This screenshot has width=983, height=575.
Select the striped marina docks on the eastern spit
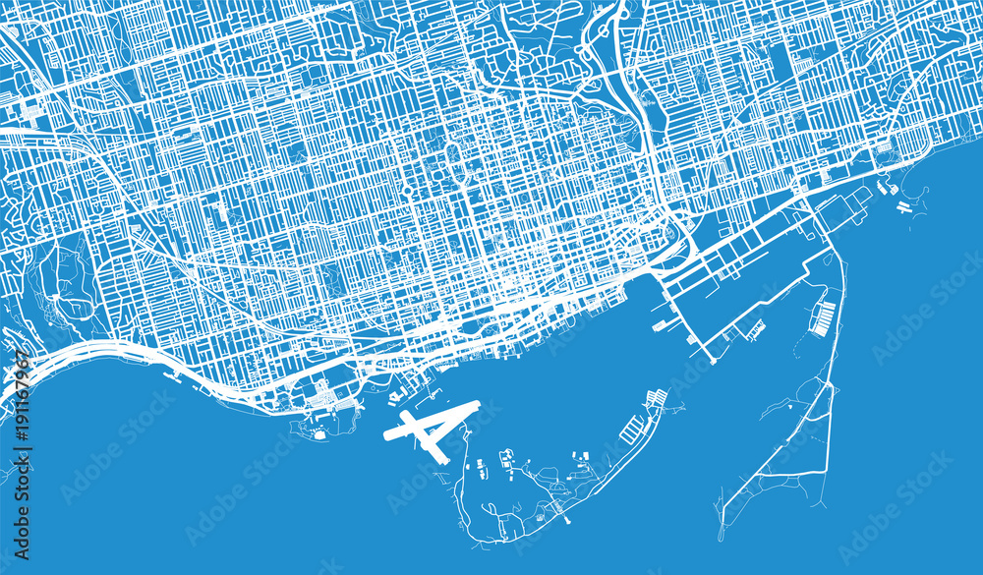coord(824,316)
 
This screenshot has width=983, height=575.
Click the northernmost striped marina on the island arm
coord(656,399)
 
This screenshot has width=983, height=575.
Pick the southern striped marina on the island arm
coord(632,430)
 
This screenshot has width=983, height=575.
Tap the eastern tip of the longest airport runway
coord(477,403)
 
